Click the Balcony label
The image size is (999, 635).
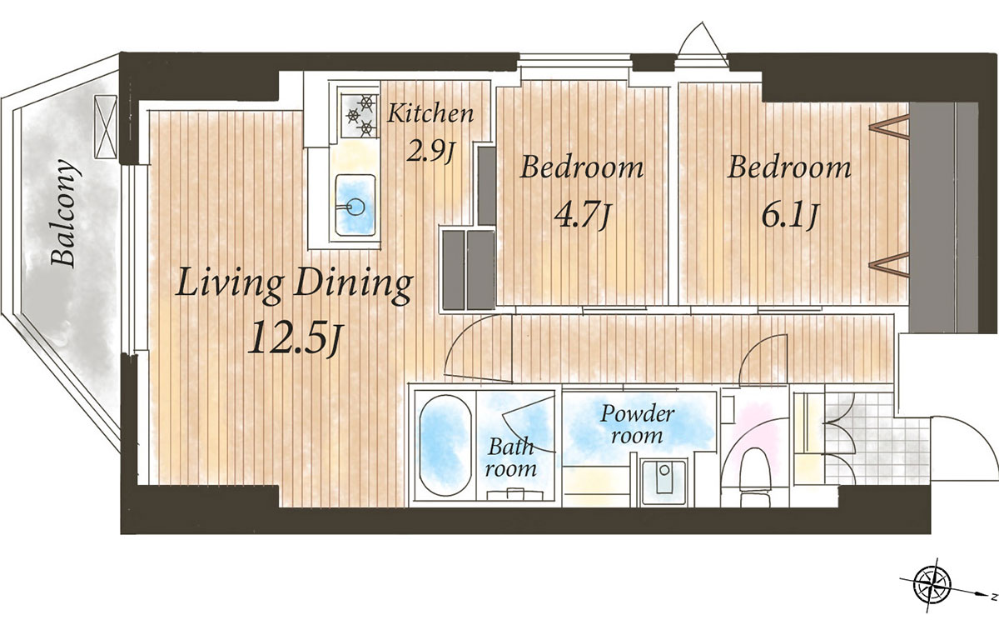tap(64, 213)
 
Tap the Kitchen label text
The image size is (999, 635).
tap(430, 113)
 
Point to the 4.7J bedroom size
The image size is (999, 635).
tap(582, 216)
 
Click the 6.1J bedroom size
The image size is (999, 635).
tap(790, 216)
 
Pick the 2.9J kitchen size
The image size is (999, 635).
tap(430, 152)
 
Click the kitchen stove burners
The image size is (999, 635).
tap(360, 116)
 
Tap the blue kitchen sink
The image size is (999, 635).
tap(355, 205)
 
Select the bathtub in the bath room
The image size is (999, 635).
tap(445, 445)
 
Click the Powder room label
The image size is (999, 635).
tap(637, 424)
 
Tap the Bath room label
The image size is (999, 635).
tap(511, 457)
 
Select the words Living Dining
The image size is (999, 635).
tap(295, 284)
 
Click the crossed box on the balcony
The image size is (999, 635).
tap(106, 126)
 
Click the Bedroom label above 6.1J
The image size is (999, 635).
tap(789, 167)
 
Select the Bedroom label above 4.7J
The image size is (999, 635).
tap(582, 167)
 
